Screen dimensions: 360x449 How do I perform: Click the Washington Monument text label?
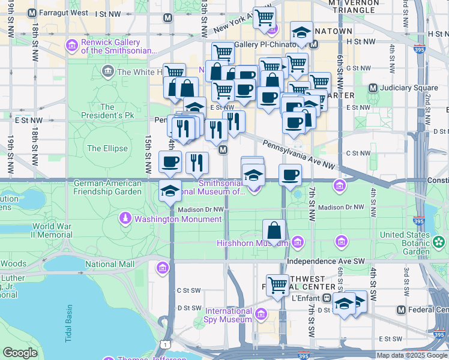tap(178, 219)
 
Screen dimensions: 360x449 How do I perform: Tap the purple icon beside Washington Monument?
tap(126, 218)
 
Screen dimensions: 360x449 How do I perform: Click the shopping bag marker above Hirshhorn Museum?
tap(274, 231)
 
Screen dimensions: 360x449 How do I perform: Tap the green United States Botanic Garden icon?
tap(439, 242)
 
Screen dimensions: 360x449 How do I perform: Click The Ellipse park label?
tap(107, 148)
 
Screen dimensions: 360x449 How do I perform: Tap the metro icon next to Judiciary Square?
tap(373, 88)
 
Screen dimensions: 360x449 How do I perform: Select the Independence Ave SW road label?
tap(326, 262)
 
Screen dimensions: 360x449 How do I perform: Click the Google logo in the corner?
tap(20, 353)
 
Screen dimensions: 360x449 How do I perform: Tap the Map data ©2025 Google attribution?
tap(411, 355)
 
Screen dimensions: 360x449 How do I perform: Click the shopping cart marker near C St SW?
tap(277, 285)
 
